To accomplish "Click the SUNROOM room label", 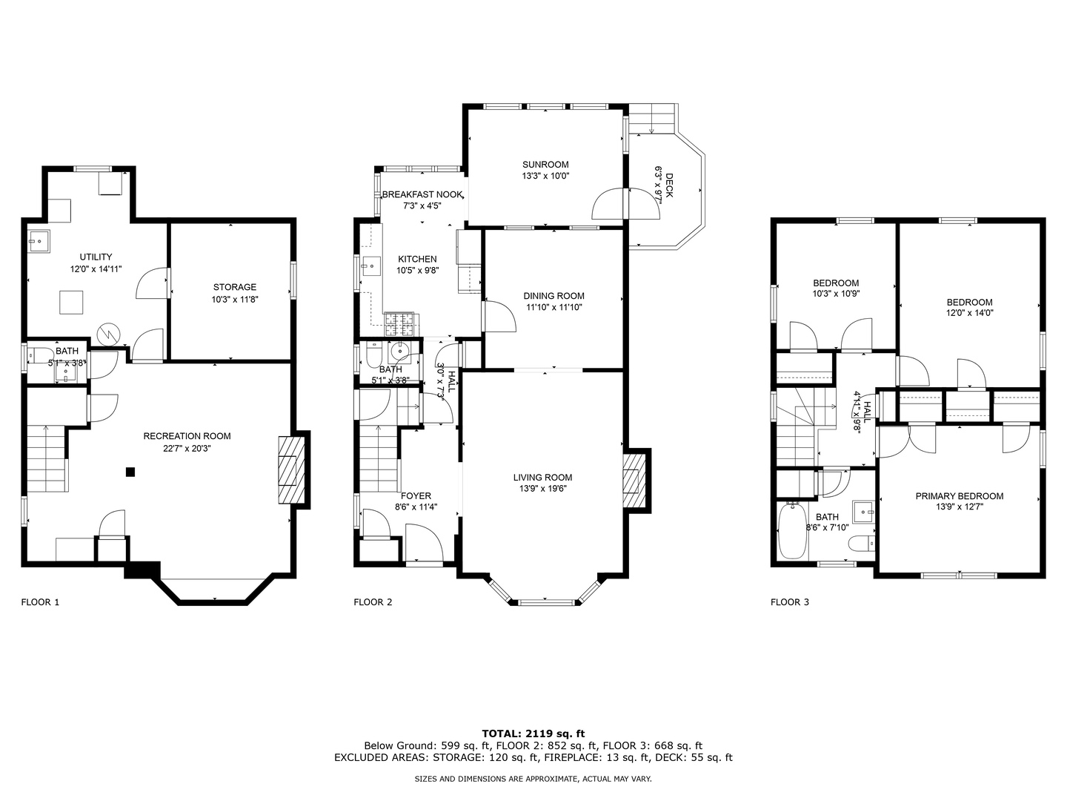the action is (x=545, y=165).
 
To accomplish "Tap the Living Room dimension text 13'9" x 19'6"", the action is (x=542, y=489).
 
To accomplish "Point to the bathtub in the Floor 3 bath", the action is (x=793, y=530).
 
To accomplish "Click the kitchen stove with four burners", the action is (x=399, y=324).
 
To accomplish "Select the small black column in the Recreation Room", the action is (x=130, y=471).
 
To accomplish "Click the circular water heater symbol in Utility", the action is (x=108, y=334).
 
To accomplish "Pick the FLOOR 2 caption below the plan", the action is (x=373, y=602).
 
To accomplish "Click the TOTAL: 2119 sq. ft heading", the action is (x=533, y=734).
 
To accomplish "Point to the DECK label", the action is (x=669, y=185).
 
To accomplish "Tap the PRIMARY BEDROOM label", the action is (x=959, y=496).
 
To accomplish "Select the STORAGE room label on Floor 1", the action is (x=235, y=287).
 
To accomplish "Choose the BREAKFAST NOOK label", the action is (x=422, y=194).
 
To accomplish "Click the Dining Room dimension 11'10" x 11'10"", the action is (x=554, y=307).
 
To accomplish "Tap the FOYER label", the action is (x=416, y=495).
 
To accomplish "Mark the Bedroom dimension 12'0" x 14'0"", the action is (x=969, y=313).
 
